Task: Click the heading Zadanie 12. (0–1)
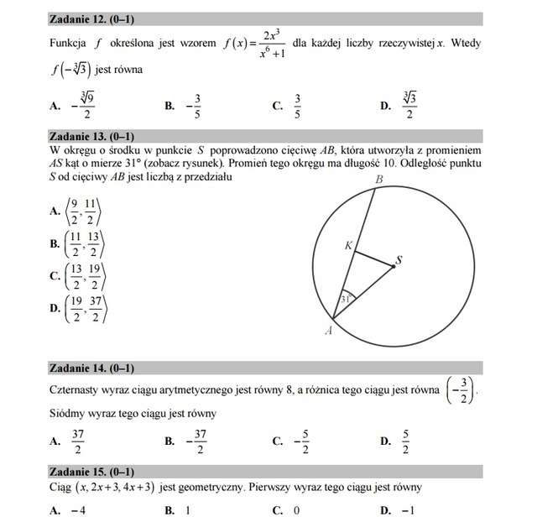point(91,17)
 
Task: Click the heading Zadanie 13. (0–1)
point(91,136)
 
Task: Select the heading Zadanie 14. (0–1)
point(91,368)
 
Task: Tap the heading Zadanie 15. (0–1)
point(91,471)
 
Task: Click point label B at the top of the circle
point(378,180)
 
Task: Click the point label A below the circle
point(328,332)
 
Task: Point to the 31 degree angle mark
point(345,299)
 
